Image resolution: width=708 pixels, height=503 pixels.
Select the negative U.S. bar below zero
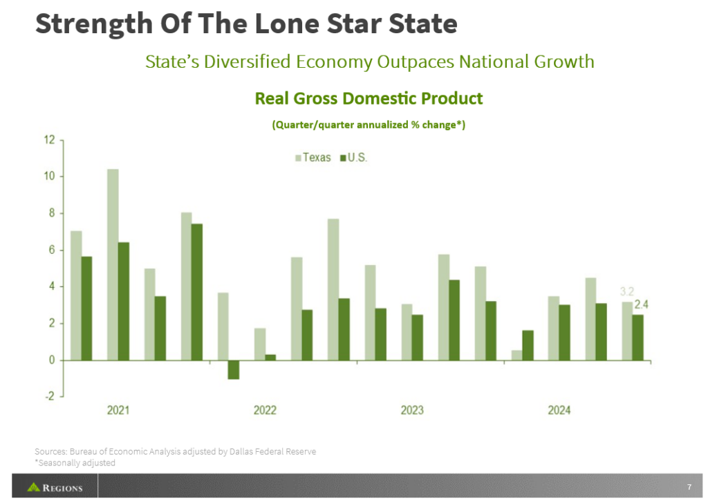click(233, 369)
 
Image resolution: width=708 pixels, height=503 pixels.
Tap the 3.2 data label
click(625, 291)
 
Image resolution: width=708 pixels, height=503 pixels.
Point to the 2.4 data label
click(641, 304)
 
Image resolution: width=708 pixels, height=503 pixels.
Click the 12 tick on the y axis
click(49, 140)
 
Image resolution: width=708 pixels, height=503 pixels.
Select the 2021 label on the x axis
click(118, 410)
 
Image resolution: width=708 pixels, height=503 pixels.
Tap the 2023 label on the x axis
click(412, 410)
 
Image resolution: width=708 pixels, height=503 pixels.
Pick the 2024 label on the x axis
click(559, 410)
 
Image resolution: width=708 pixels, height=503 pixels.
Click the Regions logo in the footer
click(55, 488)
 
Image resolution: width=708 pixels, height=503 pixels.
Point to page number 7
click(689, 486)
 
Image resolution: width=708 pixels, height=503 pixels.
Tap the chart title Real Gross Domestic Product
click(369, 98)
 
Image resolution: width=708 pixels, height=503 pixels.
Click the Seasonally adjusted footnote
click(76, 463)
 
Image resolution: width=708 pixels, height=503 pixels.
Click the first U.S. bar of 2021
click(86, 308)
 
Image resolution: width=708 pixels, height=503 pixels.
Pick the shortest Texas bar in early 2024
click(516, 355)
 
